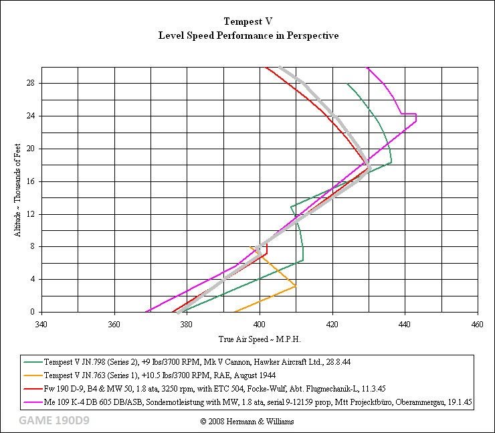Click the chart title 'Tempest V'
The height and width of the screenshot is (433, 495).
[x=248, y=21]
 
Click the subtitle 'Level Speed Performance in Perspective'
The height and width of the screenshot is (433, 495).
[x=248, y=35]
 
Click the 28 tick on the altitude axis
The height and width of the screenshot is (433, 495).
[x=30, y=84]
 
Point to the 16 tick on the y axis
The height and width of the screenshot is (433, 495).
[x=30, y=181]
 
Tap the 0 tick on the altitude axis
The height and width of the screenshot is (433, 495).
[x=32, y=312]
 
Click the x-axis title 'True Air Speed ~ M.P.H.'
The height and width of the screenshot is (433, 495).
[x=259, y=339]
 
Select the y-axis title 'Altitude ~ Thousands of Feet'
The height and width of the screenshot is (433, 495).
[x=17, y=189]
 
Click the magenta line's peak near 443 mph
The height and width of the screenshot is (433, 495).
[x=416, y=118]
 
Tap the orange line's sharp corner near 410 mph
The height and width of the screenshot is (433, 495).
[x=296, y=286]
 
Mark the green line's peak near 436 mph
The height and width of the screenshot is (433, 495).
[x=391, y=163]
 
